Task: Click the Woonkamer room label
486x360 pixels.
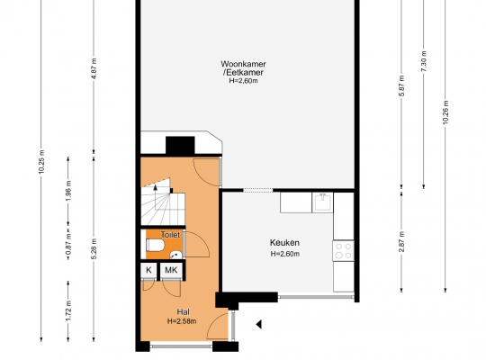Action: coord(243,64)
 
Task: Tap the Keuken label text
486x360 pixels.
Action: coord(284,242)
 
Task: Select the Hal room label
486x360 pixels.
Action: coord(183,312)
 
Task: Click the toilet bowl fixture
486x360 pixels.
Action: coord(155,245)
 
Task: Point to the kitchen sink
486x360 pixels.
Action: coord(322,202)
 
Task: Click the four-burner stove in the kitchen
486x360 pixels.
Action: coord(344,250)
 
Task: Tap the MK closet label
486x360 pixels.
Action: coord(171,270)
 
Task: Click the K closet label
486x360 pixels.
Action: coord(148,270)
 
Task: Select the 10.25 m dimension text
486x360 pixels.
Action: coord(41,162)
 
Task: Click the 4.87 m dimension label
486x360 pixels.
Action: coord(94,68)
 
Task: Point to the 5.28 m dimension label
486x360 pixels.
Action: coord(94,248)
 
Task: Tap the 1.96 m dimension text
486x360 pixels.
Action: coord(68,191)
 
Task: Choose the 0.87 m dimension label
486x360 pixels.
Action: coord(68,243)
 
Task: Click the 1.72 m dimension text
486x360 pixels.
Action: coord(68,311)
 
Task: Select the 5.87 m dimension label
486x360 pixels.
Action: coord(402,85)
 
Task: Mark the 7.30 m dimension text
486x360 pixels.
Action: coord(424,61)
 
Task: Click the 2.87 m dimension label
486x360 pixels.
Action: coord(402,242)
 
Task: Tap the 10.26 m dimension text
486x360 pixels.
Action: coord(445,112)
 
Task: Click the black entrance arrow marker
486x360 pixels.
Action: coord(259,324)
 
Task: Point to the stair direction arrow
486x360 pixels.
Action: coord(156,186)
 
